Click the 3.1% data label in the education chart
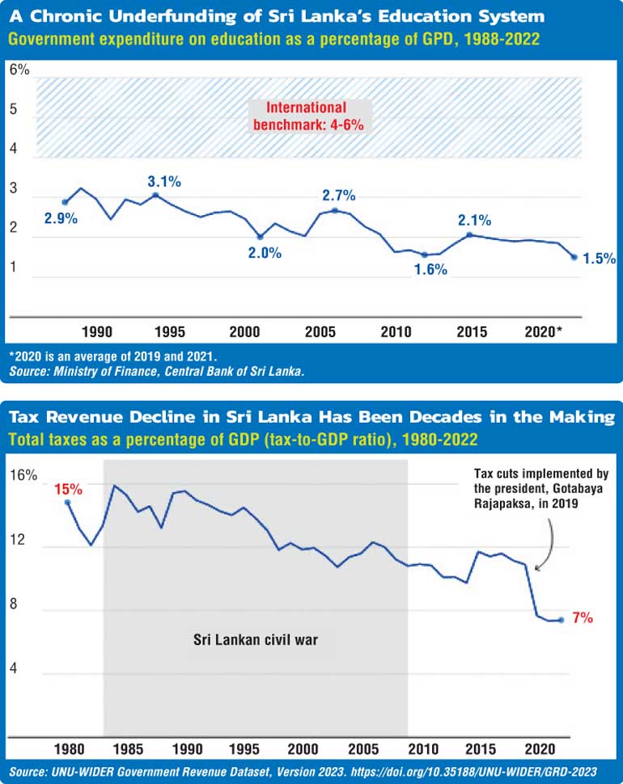164,182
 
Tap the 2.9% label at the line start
60,218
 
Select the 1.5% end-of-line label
600,259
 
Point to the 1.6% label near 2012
430,270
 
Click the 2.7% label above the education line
338,196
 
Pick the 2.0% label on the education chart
265,253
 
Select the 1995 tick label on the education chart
170,331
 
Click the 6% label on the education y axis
19,70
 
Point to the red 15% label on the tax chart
68,488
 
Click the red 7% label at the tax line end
583,618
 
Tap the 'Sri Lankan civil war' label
256,639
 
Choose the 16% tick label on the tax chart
23,476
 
